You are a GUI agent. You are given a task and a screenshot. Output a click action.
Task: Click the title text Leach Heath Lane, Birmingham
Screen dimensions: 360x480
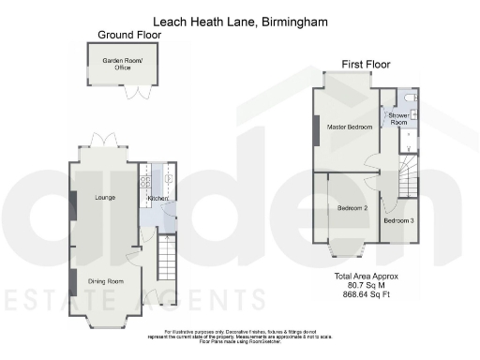(239, 20)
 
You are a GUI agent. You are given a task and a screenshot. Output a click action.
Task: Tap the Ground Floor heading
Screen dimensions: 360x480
(129, 36)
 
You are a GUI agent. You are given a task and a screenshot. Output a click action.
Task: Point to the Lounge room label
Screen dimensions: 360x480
(103, 198)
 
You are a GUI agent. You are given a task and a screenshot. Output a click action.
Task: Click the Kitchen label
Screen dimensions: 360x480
(157, 199)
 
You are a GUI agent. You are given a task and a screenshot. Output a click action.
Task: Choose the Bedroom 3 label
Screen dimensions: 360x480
(397, 220)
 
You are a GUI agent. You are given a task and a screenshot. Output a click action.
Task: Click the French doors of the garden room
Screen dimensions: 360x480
(139, 92)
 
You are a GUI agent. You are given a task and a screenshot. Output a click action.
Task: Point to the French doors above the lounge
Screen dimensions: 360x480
(104, 142)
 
